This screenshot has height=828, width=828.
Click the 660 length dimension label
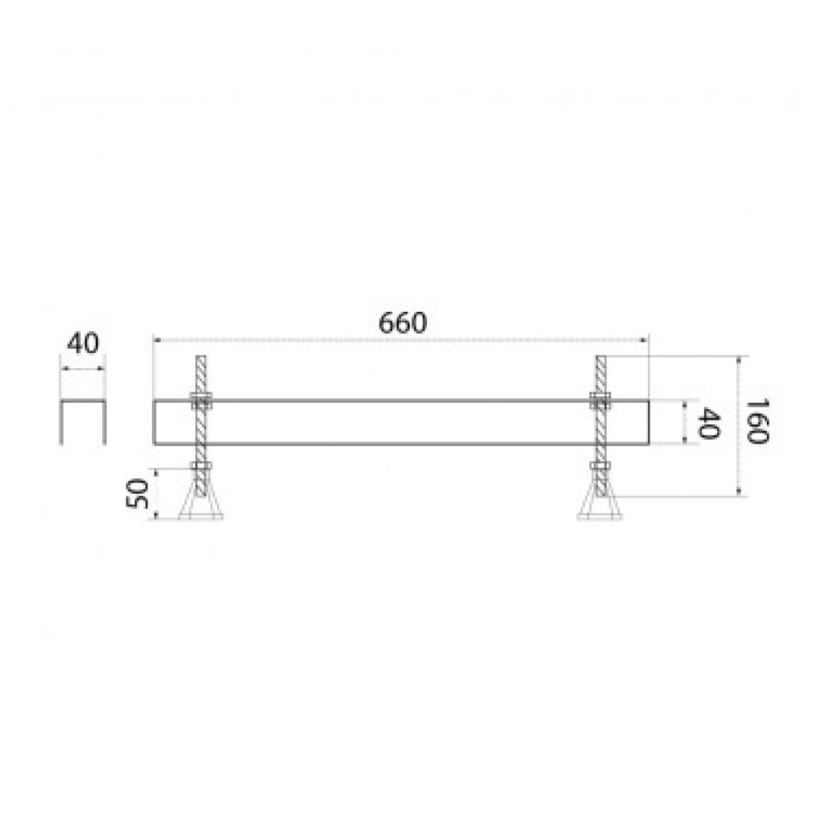click(403, 323)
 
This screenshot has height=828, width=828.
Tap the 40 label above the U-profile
click(83, 344)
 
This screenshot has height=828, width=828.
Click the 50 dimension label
click(136, 494)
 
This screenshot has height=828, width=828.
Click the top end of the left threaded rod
click(201, 356)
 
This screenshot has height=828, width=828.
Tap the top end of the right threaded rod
click(601, 356)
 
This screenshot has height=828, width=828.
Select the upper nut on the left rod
click(201, 401)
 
